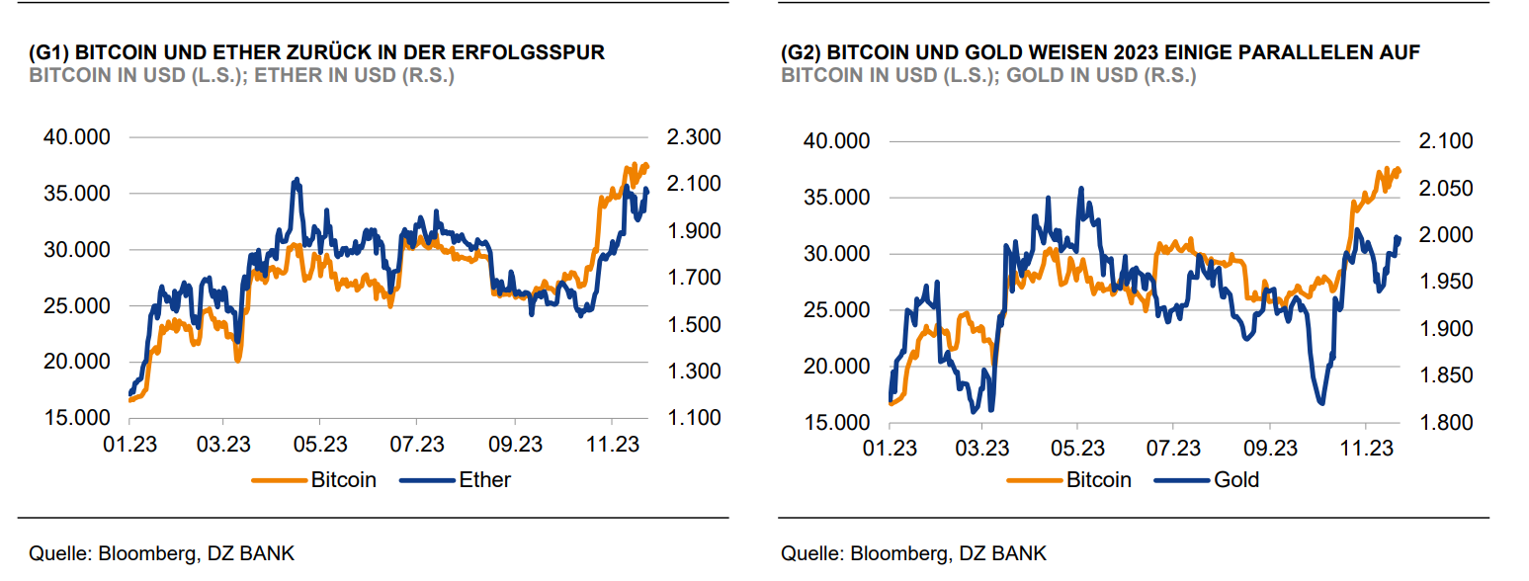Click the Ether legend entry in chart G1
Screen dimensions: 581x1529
(x=484, y=480)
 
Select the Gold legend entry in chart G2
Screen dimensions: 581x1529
(x=1236, y=480)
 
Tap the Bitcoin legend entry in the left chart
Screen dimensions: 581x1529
(x=343, y=480)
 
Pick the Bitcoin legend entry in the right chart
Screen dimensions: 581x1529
(x=1098, y=480)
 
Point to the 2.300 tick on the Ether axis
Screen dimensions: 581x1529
(x=696, y=137)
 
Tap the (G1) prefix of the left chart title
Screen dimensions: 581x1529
(x=50, y=52)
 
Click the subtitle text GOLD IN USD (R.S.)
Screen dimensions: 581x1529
(x=1096, y=76)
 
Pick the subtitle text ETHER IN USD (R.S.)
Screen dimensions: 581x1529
(x=355, y=76)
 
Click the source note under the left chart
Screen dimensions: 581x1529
(x=162, y=553)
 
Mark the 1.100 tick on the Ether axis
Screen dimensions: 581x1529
(x=696, y=419)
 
